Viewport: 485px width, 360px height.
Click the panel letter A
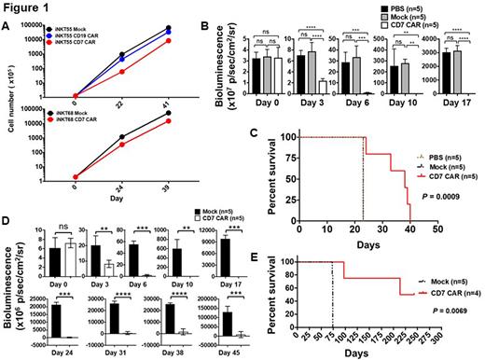click(x=7, y=25)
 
